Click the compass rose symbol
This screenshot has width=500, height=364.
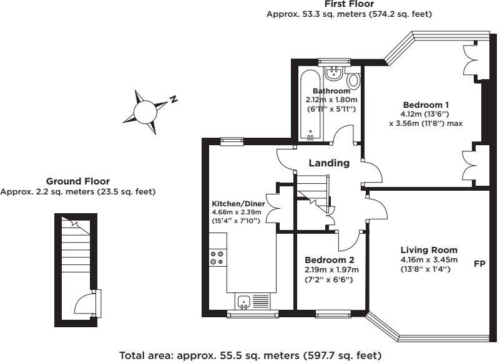click(145, 111)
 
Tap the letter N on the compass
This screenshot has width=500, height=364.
click(175, 99)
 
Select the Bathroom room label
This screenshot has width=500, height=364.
click(331, 91)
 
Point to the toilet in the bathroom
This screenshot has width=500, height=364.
click(353, 80)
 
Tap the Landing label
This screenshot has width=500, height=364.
click(330, 163)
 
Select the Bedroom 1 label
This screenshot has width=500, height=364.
click(425, 105)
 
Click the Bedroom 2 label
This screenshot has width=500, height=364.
click(329, 260)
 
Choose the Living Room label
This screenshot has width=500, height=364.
click(429, 251)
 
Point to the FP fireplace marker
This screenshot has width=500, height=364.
click(480, 264)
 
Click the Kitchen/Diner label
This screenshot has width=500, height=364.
click(238, 204)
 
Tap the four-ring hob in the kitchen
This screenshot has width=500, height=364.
click(218, 257)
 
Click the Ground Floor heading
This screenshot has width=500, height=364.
click(78, 181)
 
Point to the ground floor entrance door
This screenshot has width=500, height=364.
click(84, 305)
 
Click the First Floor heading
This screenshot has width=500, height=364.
click(350, 4)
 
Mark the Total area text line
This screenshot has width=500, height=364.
click(250, 356)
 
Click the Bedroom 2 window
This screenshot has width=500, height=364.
click(331, 313)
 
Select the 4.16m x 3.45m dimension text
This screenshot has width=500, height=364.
click(429, 260)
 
